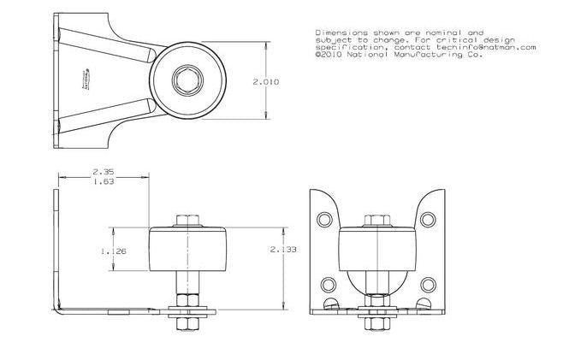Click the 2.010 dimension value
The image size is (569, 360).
(x=266, y=82)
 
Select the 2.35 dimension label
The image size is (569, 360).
(x=104, y=171)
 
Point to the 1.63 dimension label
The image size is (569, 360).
(x=104, y=181)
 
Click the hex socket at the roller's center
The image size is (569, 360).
(x=185, y=82)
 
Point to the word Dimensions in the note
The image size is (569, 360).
(x=333, y=30)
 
